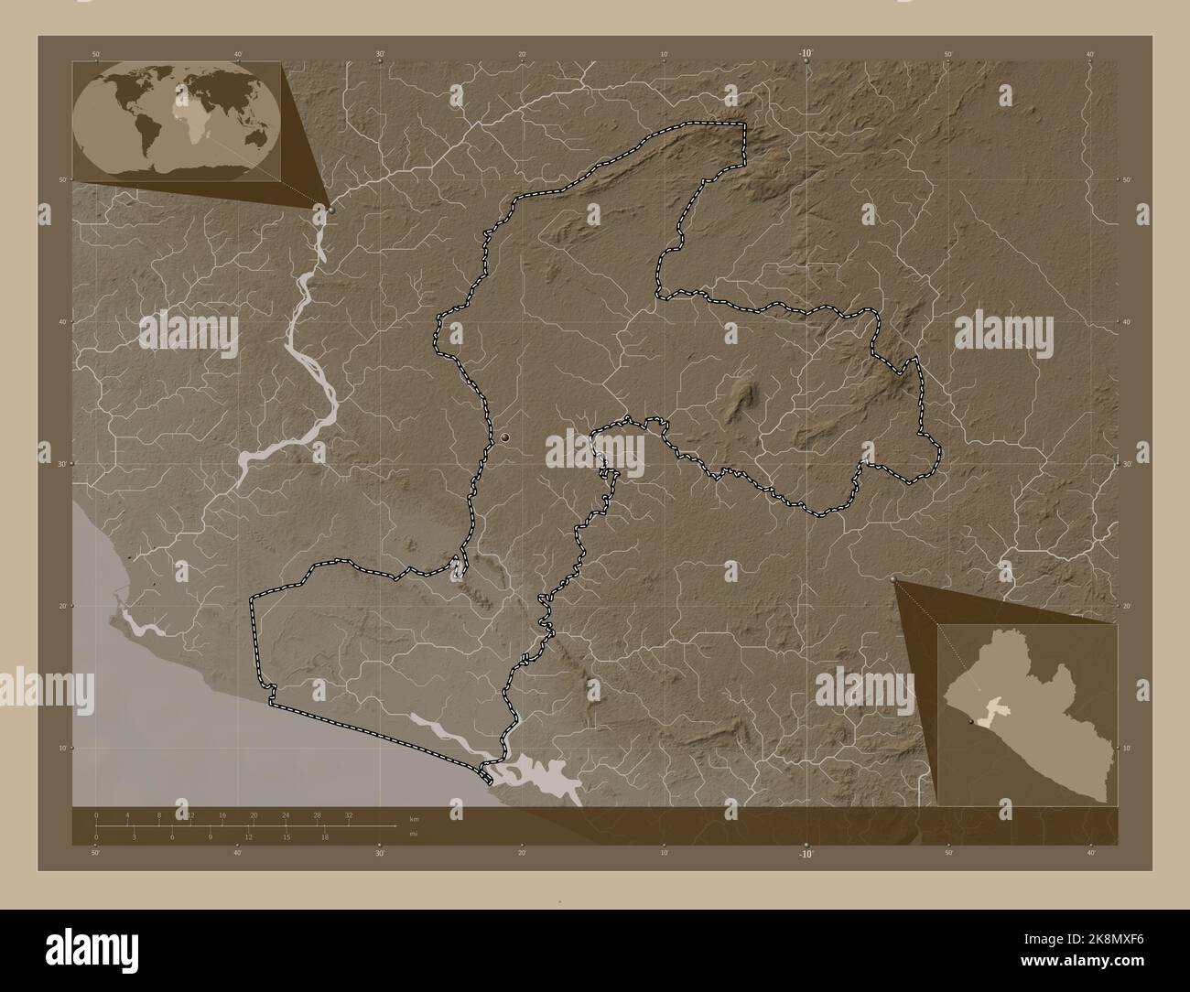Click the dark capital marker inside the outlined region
(504, 441)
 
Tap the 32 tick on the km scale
(349, 814)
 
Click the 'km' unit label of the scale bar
(414, 819)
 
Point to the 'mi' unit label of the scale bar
(413, 834)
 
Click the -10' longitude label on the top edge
(806, 54)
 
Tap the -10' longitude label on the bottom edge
(806, 854)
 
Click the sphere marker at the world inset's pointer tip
(330, 210)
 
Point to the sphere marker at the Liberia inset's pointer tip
(893, 579)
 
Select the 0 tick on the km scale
(96, 814)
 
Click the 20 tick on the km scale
(254, 814)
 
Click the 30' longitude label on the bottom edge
(379, 854)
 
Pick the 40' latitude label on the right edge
(1125, 322)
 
